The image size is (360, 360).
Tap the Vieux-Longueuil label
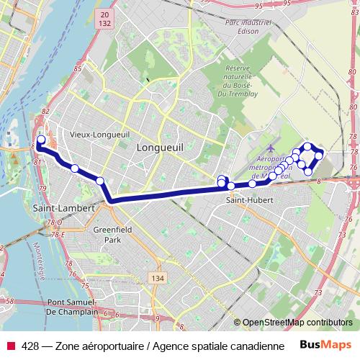(99, 134)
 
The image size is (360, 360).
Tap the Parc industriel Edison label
(252, 27)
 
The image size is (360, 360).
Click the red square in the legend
(10, 346)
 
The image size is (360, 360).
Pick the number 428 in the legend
(30, 346)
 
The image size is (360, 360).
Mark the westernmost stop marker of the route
(41, 140)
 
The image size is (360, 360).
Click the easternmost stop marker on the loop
(318, 156)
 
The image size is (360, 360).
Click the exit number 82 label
(45, 111)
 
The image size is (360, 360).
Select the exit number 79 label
(42, 189)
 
